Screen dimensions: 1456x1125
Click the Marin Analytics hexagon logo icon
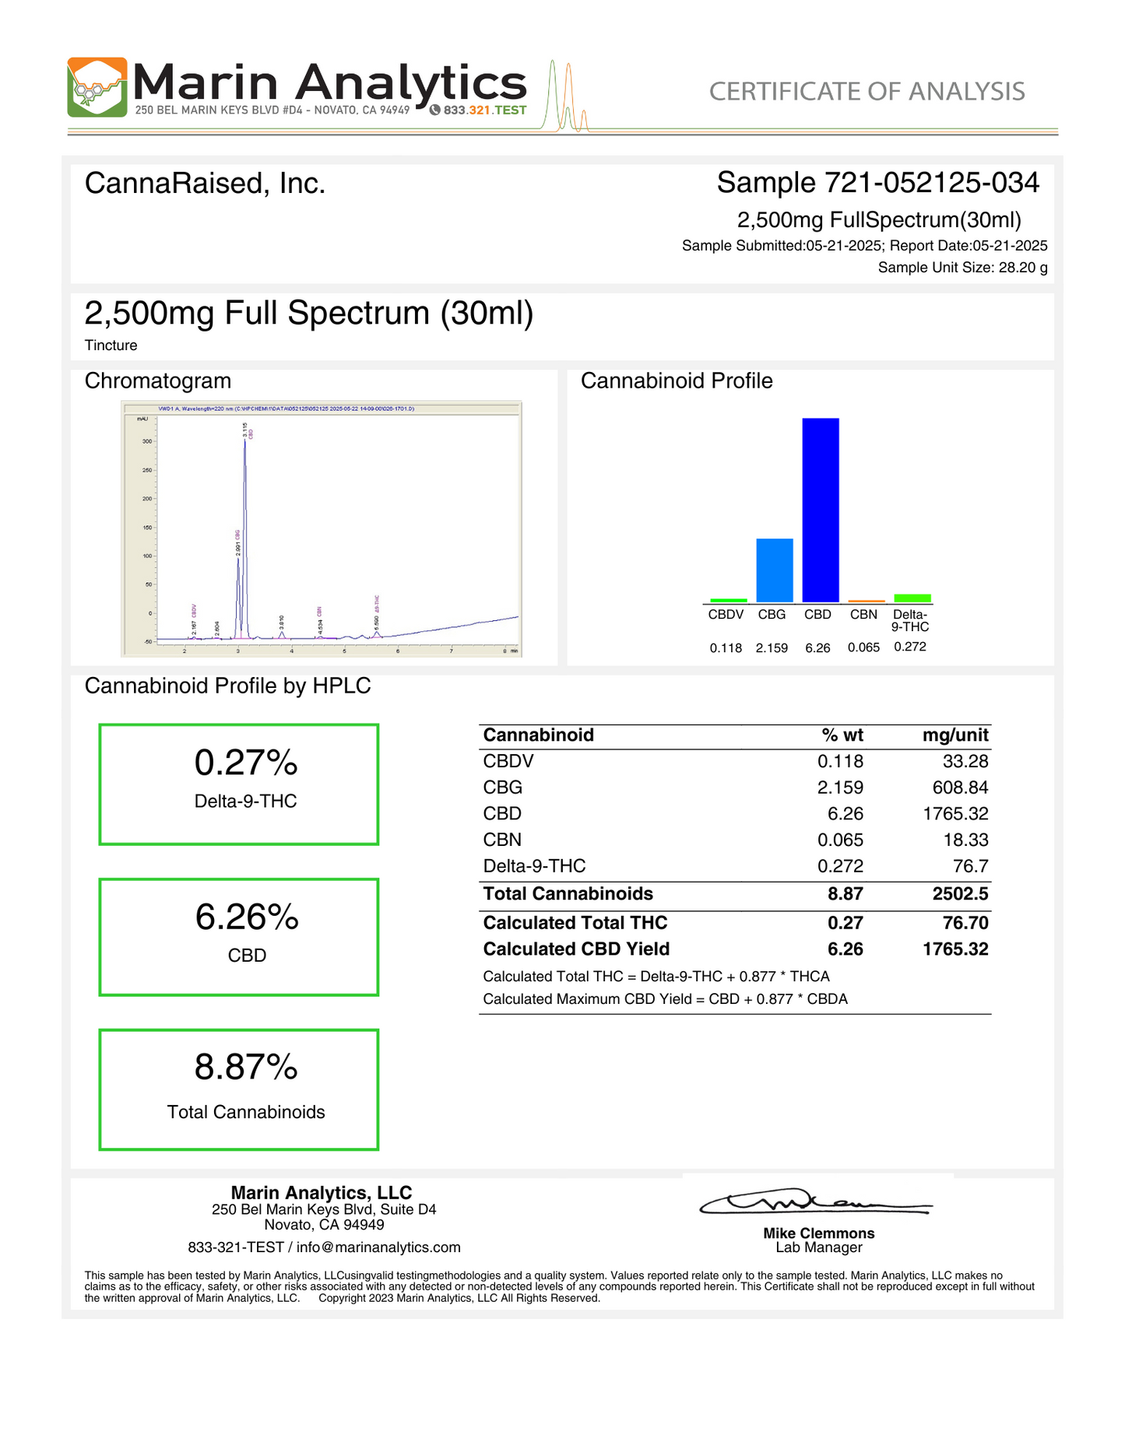tap(97, 87)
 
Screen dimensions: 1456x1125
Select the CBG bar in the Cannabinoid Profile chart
tap(774, 570)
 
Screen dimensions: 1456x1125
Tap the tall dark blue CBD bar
tap(821, 510)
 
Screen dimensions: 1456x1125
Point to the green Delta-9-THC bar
tap(912, 598)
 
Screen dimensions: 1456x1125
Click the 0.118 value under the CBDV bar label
tap(726, 647)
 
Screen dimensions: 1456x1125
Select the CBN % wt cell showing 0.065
tap(840, 840)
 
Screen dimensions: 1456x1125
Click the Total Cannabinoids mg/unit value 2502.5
tap(960, 893)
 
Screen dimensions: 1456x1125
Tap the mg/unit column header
tap(955, 735)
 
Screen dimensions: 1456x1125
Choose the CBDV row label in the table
tap(508, 761)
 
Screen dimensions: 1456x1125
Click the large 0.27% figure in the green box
tap(246, 763)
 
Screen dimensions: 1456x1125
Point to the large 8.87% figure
tap(246, 1067)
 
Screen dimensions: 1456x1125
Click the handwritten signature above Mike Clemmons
tap(814, 1203)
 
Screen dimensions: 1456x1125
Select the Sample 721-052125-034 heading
tap(877, 183)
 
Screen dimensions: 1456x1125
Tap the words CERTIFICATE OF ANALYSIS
tap(867, 92)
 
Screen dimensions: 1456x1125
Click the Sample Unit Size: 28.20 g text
tap(962, 268)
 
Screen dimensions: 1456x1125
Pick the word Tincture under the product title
tap(111, 346)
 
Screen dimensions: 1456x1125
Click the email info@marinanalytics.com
tap(378, 1247)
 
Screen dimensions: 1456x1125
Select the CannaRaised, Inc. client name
tap(205, 184)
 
